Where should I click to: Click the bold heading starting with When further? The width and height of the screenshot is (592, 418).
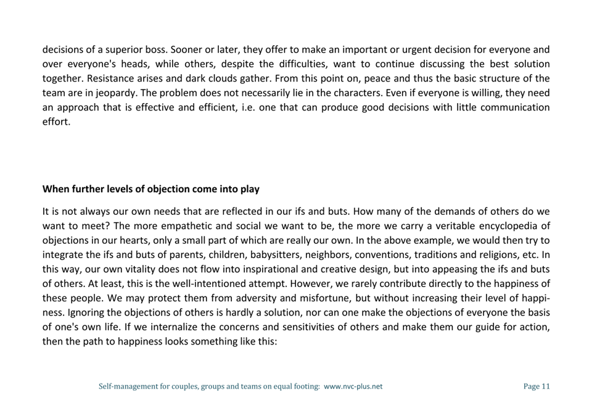(x=151, y=189)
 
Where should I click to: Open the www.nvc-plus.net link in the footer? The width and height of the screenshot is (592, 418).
(x=353, y=387)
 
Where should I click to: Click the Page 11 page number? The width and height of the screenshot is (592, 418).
(x=536, y=387)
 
